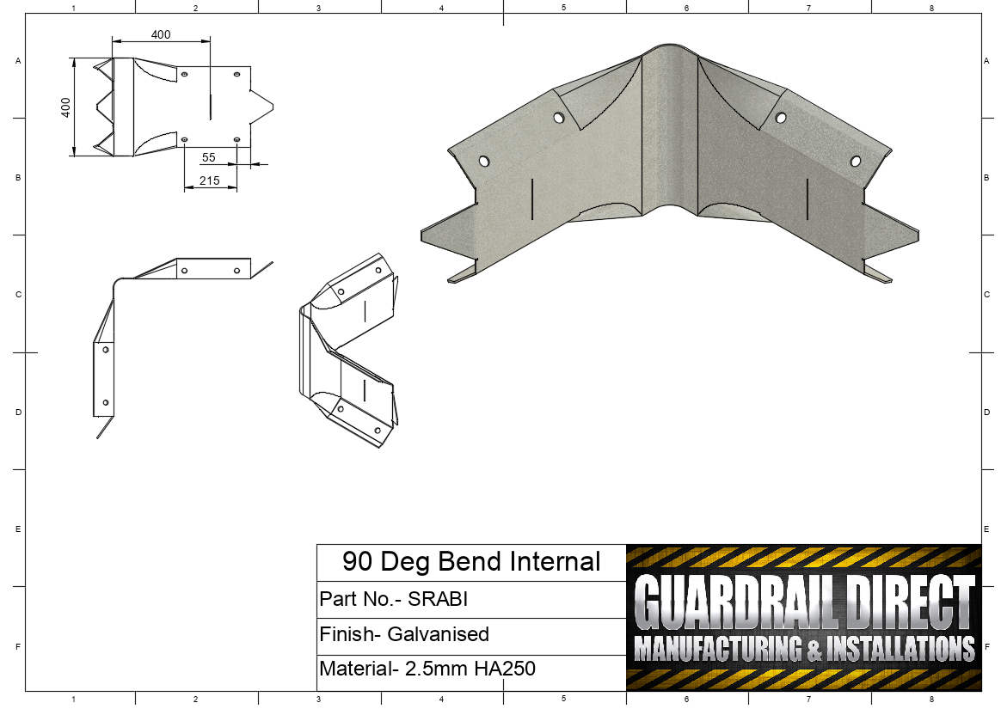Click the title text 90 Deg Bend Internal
[x=471, y=561]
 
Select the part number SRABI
[x=438, y=599]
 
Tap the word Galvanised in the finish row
[x=438, y=634]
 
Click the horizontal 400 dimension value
[x=161, y=34]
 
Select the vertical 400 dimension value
[x=65, y=107]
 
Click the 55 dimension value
[x=208, y=157]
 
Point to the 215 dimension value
[x=209, y=180]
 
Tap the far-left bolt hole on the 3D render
[x=484, y=161]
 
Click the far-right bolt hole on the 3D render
[x=855, y=161]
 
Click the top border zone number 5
[x=564, y=7]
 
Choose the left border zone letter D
[x=18, y=412]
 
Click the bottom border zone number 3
[x=318, y=700]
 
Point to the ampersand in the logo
[x=815, y=650]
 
